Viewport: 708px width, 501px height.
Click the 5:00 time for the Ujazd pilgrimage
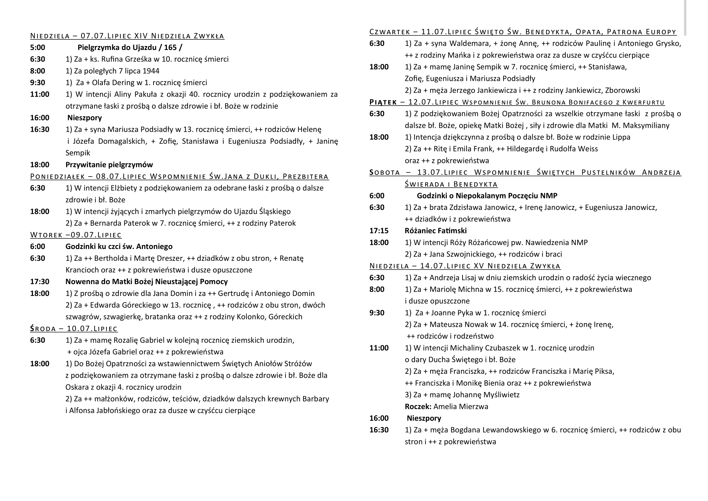pyautogui.click(x=37, y=48)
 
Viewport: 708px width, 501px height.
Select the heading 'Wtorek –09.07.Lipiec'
pyautogui.click(x=76, y=235)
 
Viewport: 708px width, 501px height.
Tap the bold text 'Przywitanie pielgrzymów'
pyautogui.click(x=109, y=165)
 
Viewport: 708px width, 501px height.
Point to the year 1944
pyautogui.click(x=151, y=71)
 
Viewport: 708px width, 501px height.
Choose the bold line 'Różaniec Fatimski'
pyautogui.click(x=436, y=231)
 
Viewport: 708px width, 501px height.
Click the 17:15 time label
pyautogui.click(x=379, y=231)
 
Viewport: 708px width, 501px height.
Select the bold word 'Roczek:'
pyautogui.click(x=418, y=406)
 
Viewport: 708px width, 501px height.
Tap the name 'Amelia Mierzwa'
pyautogui.click(x=461, y=406)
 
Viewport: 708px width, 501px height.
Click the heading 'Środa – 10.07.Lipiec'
pyautogui.click(x=74, y=329)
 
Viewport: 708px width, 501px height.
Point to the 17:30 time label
pyautogui.click(x=39, y=282)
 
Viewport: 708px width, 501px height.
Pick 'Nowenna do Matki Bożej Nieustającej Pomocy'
pyautogui.click(x=147, y=282)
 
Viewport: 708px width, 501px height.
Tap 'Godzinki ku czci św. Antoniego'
pyautogui.click(x=119, y=247)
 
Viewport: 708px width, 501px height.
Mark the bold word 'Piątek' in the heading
pyautogui.click(x=383, y=102)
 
